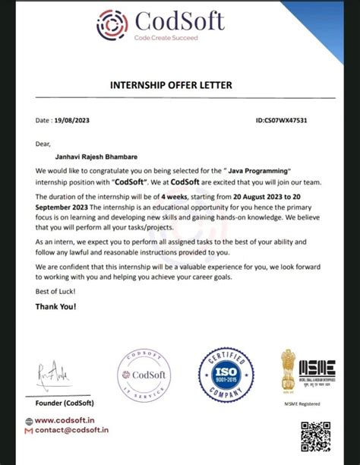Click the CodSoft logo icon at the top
[x=112, y=24]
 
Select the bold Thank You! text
[x=56, y=307]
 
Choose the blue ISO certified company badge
[x=224, y=375]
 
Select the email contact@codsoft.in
[x=72, y=431]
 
